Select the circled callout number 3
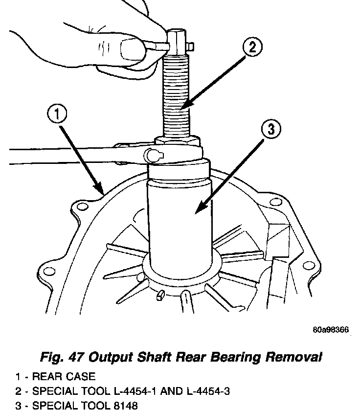pyautogui.click(x=271, y=130)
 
